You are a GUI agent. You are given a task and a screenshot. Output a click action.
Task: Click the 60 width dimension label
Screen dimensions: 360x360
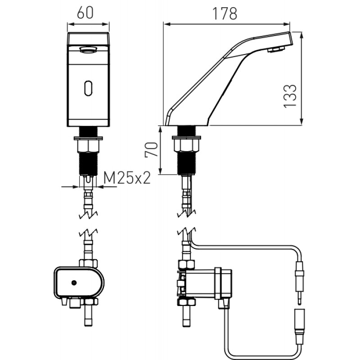pos(85,13)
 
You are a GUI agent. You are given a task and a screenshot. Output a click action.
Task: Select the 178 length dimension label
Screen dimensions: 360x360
pos(224,13)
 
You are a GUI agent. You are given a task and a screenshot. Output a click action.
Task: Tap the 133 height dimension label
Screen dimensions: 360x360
pos(290,96)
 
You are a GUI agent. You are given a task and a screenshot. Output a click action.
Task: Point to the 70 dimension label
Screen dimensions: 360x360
pos(152,149)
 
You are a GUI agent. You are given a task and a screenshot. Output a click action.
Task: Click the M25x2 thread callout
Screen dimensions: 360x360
pos(127,178)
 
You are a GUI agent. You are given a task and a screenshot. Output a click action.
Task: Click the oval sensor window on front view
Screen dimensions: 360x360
pos(88,88)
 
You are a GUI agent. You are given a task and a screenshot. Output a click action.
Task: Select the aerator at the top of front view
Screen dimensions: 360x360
pos(88,49)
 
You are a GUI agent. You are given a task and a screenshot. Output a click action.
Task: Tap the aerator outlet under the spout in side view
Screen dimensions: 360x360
pos(276,49)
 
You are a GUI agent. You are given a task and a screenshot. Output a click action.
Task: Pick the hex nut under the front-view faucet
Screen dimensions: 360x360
pos(88,146)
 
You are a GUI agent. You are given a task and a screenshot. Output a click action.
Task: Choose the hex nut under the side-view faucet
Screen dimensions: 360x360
pos(186,145)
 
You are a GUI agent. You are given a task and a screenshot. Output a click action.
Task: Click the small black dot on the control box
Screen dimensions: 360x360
pos(74,283)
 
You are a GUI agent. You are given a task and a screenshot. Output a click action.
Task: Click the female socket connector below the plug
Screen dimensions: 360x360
pos(299,327)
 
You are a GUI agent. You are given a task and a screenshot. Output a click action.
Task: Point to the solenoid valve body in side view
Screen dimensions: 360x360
pos(204,283)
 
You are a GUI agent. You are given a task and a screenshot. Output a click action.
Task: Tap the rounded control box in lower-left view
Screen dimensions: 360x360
pos(79,282)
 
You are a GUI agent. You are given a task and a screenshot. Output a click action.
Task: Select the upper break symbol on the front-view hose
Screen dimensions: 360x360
pos(88,216)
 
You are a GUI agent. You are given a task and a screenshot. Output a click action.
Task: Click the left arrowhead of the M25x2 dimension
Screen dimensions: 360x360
pos(76,187)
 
